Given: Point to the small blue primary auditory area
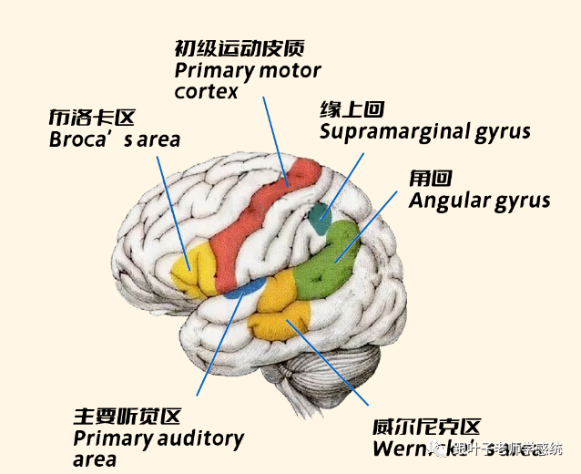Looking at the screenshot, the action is pyautogui.click(x=238, y=291).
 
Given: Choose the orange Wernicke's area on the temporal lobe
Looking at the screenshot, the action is pyautogui.click(x=282, y=306).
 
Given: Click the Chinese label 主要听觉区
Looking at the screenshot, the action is pyautogui.click(x=127, y=417).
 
